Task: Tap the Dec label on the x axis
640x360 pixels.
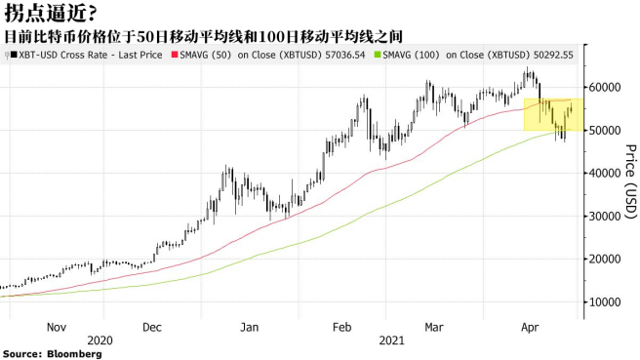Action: pos(152,328)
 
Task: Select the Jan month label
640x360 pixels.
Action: pos(250,328)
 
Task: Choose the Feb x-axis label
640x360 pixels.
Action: pos(342,328)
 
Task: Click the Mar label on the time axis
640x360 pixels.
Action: pos(434,328)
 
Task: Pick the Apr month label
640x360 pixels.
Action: pos(531,328)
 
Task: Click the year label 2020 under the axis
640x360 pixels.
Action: pos(101,340)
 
